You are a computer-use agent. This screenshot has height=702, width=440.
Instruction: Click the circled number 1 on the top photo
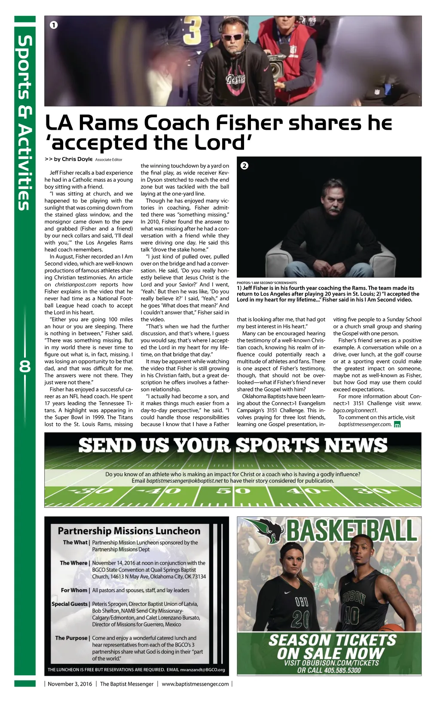(53, 25)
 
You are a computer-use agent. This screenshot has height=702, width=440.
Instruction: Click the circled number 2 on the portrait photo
(244, 165)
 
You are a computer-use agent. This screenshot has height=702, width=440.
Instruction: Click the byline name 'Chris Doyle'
(77, 159)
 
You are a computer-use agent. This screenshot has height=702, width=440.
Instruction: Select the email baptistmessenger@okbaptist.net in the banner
(184, 481)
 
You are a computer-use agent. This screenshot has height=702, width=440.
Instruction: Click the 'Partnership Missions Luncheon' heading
(129, 531)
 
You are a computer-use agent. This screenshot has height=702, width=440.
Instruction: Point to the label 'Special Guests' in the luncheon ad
(70, 604)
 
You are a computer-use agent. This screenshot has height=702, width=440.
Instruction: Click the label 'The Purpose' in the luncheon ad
(71, 638)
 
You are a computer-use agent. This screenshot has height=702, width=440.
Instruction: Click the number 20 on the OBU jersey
(300, 620)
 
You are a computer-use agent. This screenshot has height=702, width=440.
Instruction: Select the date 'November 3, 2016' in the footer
(70, 684)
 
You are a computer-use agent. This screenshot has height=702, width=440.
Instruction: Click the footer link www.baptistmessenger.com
(195, 684)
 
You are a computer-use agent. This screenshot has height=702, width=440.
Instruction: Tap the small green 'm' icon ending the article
(397, 424)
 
